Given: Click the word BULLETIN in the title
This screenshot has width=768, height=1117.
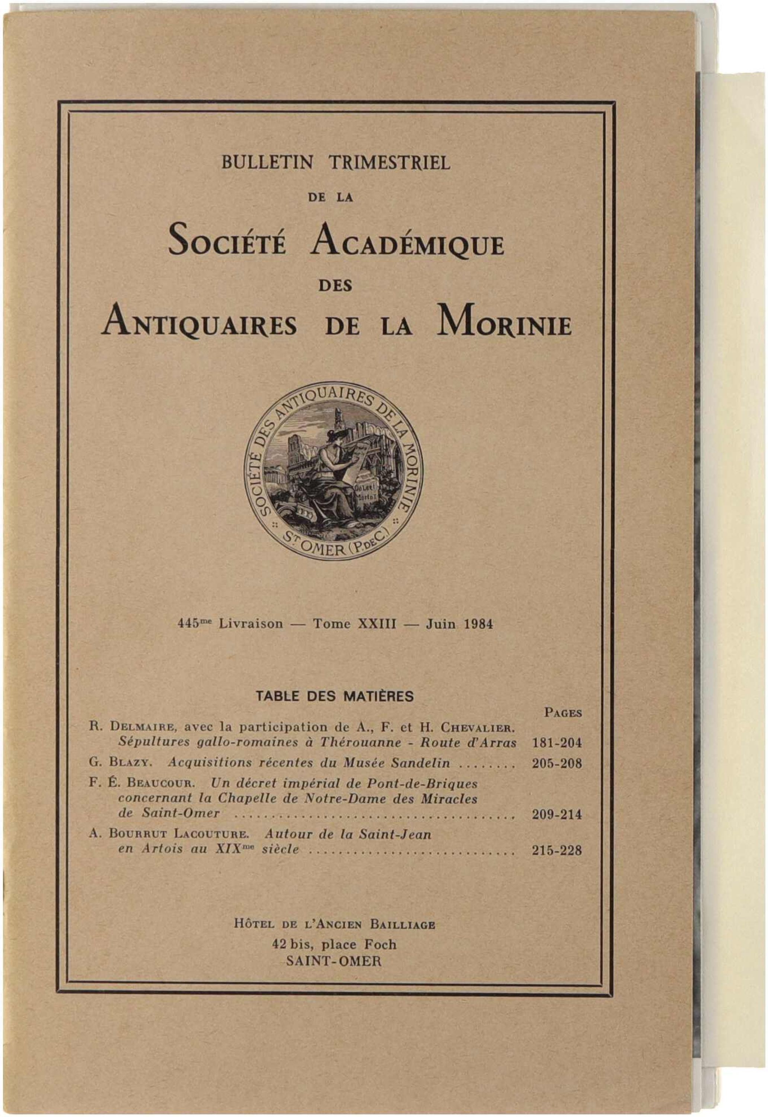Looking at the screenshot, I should click(267, 163).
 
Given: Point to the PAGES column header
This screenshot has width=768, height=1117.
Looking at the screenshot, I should click(563, 713).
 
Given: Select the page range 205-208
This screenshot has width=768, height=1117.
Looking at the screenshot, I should click(557, 764).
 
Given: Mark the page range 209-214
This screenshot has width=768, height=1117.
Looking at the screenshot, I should click(557, 815).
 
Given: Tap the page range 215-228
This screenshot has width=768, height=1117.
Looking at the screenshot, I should click(557, 851).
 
